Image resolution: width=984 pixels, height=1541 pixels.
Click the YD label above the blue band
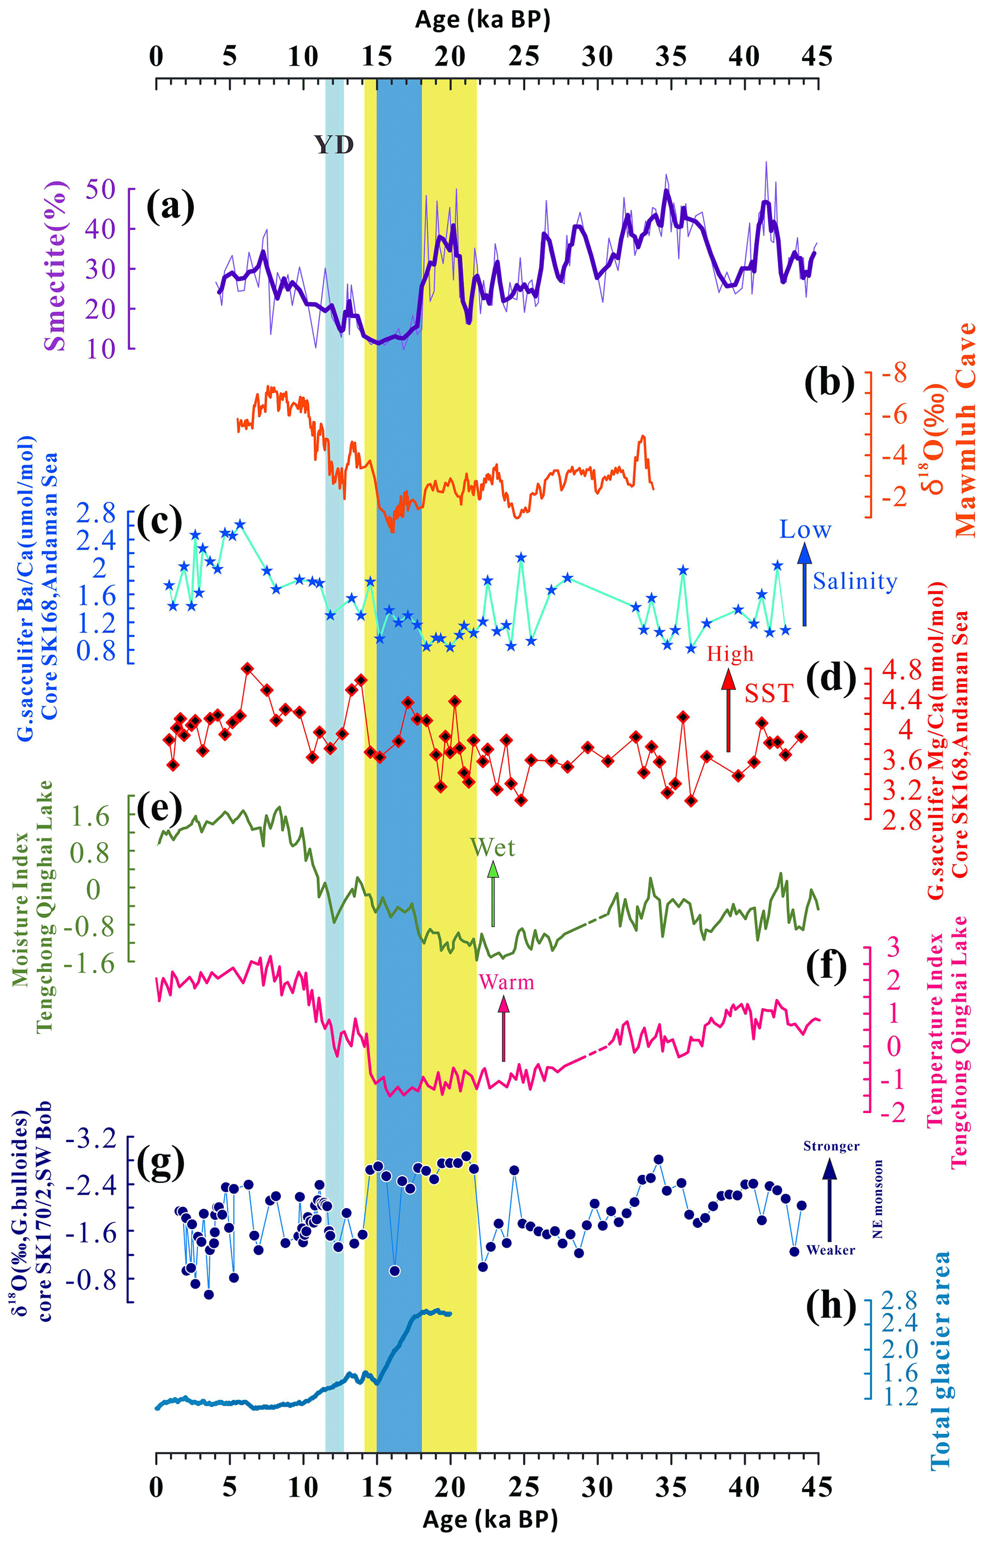334,146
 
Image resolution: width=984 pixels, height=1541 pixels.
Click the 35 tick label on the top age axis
672,57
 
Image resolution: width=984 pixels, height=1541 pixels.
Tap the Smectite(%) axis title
56,266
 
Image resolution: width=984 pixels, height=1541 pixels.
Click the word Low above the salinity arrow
805,530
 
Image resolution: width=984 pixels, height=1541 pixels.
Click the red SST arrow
728,710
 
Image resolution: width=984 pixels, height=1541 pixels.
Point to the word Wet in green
492,848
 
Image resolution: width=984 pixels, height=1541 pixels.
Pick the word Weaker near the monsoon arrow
830,1250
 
